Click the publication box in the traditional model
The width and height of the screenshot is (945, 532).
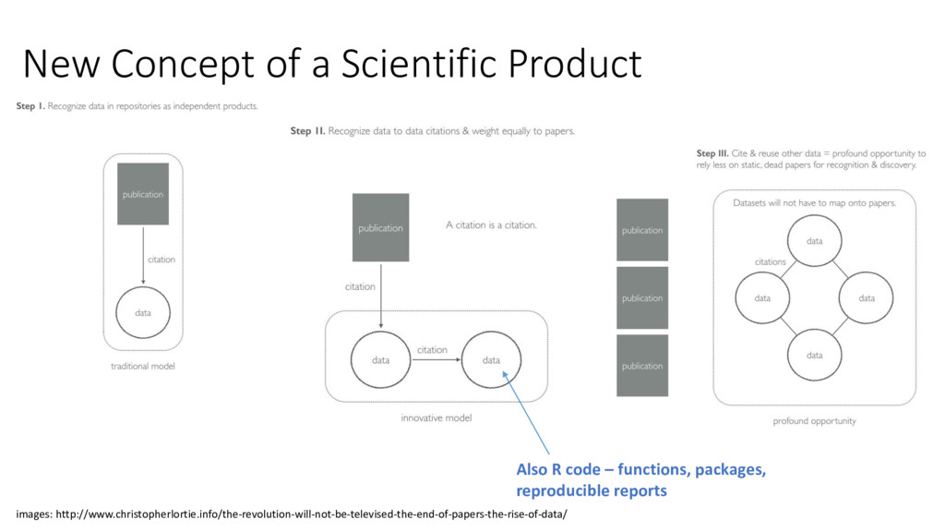[x=143, y=194]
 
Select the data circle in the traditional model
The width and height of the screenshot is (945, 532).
[x=143, y=312]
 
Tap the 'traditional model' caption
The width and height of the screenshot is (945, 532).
[x=143, y=367]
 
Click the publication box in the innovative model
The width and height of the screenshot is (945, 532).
[x=380, y=227]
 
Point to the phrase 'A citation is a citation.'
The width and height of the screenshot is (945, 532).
[x=491, y=224]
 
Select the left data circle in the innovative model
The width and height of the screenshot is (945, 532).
[x=380, y=359]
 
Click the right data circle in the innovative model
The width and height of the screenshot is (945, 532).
[x=491, y=359]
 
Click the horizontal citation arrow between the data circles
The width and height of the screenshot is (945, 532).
[x=436, y=360]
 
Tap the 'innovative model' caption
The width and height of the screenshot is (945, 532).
[x=436, y=418]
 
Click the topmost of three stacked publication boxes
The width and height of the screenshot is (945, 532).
[x=641, y=230]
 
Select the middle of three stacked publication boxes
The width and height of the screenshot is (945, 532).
[x=641, y=297]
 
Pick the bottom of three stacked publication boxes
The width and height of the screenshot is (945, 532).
[x=641, y=366]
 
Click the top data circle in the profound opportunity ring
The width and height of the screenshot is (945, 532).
[x=814, y=241]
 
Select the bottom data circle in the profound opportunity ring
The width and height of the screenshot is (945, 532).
[x=814, y=355]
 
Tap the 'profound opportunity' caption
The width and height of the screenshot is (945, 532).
[x=814, y=421]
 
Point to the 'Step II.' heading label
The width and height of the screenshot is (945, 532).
[x=307, y=131]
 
